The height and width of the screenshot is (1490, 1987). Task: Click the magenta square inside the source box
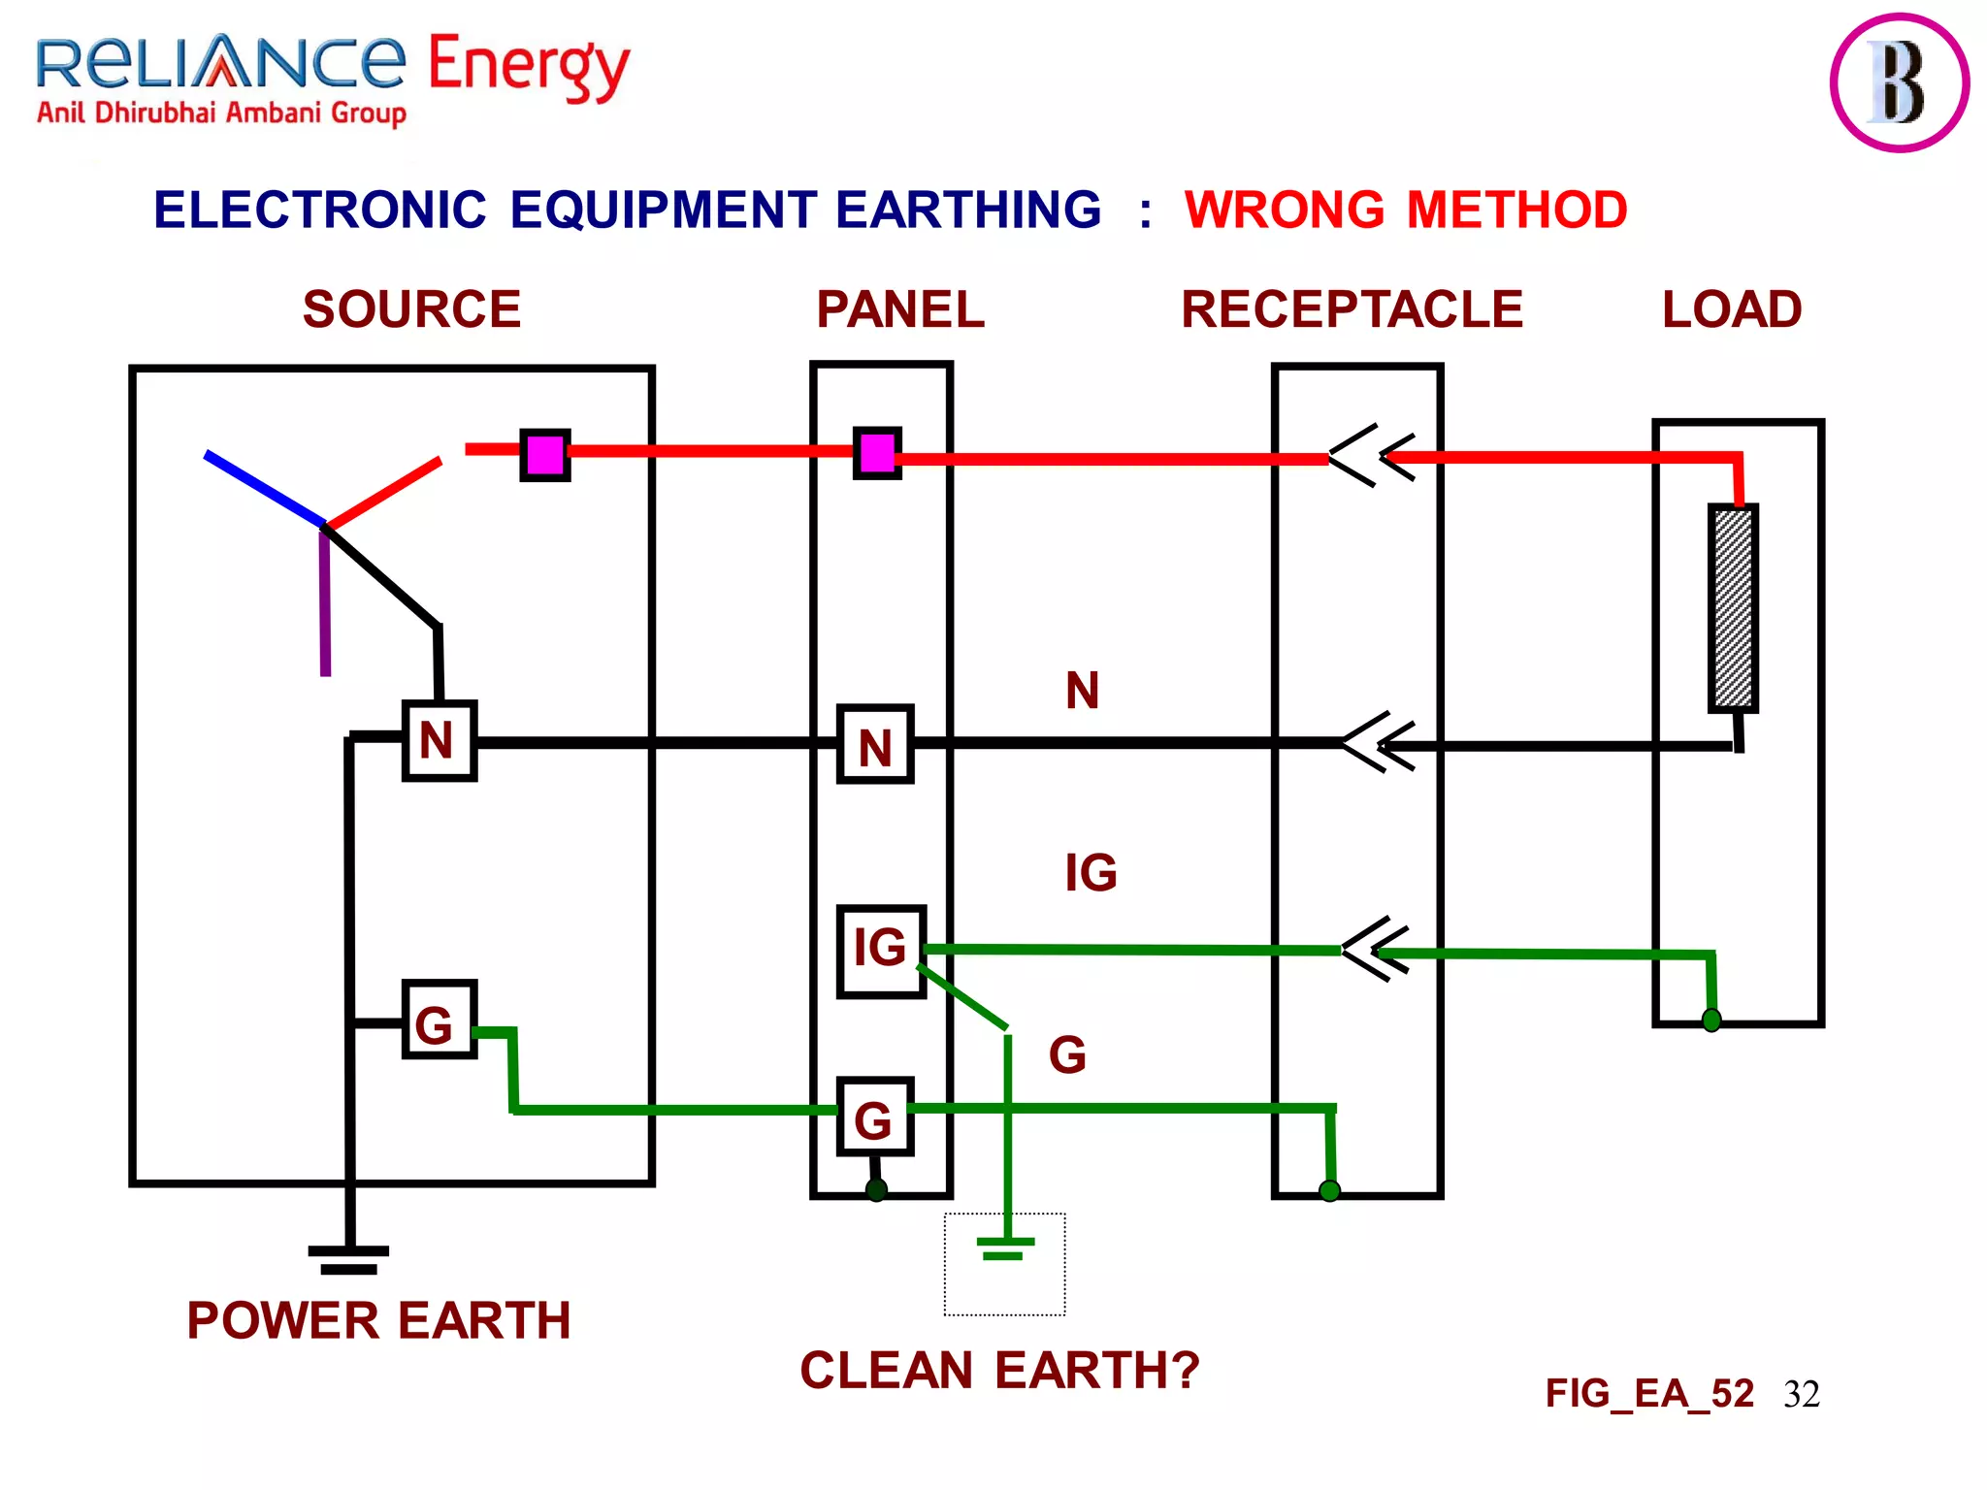click(545, 455)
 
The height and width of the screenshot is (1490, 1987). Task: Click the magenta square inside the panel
click(877, 453)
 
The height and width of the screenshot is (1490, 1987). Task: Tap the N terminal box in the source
click(439, 741)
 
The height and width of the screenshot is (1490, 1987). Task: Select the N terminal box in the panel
click(875, 745)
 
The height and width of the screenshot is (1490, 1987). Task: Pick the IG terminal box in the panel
click(881, 951)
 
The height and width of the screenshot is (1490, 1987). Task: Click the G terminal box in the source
click(439, 1020)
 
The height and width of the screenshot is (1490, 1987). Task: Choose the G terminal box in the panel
click(874, 1117)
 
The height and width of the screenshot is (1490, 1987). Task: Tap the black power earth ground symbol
click(349, 1259)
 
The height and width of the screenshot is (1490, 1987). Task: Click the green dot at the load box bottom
click(1711, 1020)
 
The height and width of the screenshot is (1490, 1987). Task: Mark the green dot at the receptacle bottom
click(1330, 1190)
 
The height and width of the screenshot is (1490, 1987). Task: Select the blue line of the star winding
click(264, 489)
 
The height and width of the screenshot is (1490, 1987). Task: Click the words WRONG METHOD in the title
click(1406, 211)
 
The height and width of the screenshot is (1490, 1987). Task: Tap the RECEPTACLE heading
click(1352, 310)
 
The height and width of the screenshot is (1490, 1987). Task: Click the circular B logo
click(1899, 83)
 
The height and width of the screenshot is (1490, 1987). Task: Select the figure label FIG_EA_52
click(1649, 1394)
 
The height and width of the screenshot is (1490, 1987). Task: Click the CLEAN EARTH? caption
click(999, 1371)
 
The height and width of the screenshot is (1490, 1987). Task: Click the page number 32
click(1802, 1395)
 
